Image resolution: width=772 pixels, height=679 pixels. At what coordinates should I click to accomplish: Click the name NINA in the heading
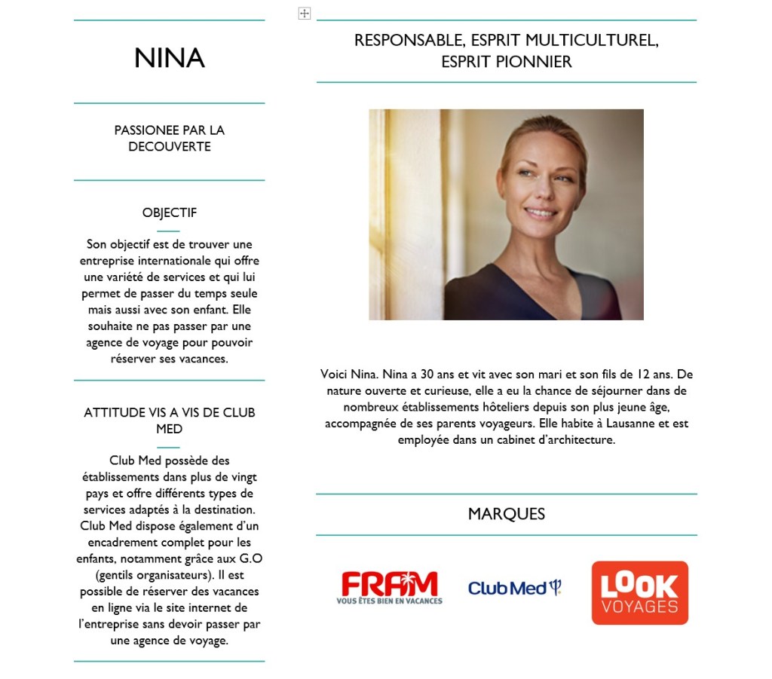click(x=170, y=59)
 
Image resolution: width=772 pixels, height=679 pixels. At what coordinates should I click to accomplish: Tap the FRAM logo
click(x=389, y=587)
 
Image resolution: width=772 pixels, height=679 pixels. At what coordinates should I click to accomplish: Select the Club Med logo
click(x=515, y=588)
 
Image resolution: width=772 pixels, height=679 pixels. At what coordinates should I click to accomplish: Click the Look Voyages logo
click(x=639, y=592)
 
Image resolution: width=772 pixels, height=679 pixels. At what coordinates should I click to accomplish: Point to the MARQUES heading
click(x=506, y=514)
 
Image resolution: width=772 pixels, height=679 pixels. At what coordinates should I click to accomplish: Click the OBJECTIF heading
click(x=170, y=213)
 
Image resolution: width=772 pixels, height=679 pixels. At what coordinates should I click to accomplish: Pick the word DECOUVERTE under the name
click(x=170, y=147)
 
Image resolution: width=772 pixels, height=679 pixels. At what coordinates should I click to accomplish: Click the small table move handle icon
click(x=305, y=14)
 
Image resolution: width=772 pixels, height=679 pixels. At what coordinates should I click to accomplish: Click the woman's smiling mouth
click(x=539, y=213)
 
